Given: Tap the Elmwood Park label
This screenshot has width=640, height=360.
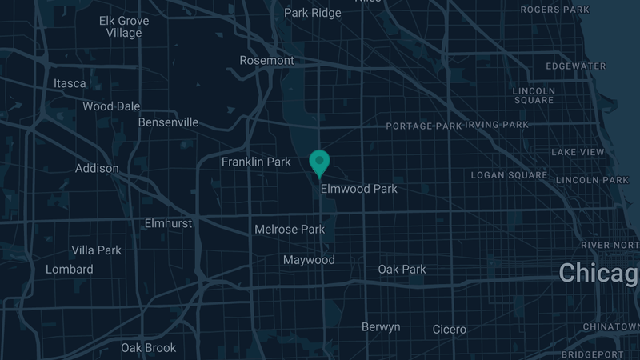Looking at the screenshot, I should tap(358, 190).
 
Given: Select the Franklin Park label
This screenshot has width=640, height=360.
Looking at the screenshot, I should tap(256, 162).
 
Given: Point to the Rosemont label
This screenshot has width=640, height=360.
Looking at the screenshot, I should tap(267, 61).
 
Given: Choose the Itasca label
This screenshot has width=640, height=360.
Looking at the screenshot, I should tap(69, 83).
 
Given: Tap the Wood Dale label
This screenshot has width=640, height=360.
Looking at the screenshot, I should tap(111, 106).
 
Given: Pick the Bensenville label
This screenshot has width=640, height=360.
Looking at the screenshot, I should tap(168, 123).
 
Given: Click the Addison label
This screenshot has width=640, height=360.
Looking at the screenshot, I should tap(97, 169).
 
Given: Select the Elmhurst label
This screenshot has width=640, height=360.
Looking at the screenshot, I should tap(168, 223).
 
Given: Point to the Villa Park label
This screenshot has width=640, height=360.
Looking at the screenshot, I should tap(96, 250).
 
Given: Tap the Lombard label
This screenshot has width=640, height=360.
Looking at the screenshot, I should tap(70, 270).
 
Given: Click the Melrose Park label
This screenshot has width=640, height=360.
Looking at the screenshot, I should tap(290, 230).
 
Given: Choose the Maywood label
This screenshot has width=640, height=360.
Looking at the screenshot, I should tap(309, 261).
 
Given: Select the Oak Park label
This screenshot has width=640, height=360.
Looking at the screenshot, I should tap(402, 270).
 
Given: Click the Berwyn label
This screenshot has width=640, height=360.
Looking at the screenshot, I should tap(381, 327).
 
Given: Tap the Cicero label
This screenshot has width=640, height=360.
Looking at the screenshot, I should tap(449, 330).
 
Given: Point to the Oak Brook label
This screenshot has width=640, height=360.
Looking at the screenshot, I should tap(148, 348).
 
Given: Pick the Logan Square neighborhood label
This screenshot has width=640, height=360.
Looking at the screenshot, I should tap(509, 175).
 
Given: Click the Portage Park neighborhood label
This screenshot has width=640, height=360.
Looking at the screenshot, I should tap(424, 126).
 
